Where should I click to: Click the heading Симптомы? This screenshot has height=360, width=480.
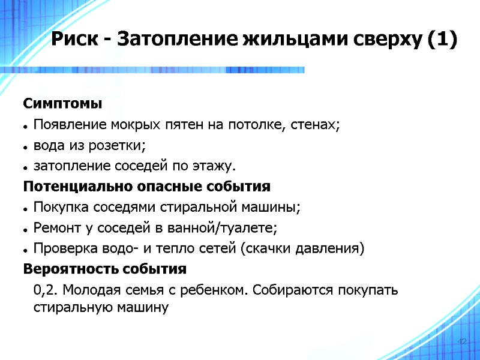[x=63, y=104]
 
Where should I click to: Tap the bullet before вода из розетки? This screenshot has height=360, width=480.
[x=26, y=146]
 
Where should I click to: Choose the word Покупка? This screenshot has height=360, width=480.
[x=59, y=207]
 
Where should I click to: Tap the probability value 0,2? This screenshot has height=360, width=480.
[x=46, y=290]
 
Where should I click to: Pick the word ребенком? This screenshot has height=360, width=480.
[x=216, y=290]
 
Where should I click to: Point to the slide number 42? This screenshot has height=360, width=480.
[x=462, y=341]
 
